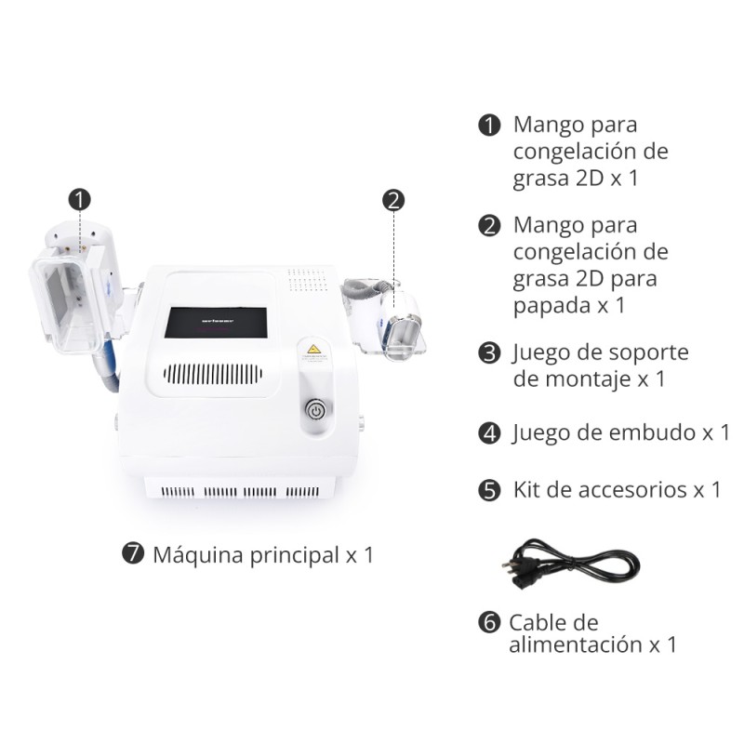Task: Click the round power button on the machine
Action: pyautogui.click(x=316, y=410)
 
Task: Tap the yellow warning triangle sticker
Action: pyautogui.click(x=314, y=354)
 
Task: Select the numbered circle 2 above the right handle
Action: pyautogui.click(x=393, y=198)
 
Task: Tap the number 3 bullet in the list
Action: pyautogui.click(x=489, y=353)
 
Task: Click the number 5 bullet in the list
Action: pyautogui.click(x=489, y=490)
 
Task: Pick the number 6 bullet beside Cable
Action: pyautogui.click(x=489, y=623)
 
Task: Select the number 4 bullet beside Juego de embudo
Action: pyautogui.click(x=489, y=433)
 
